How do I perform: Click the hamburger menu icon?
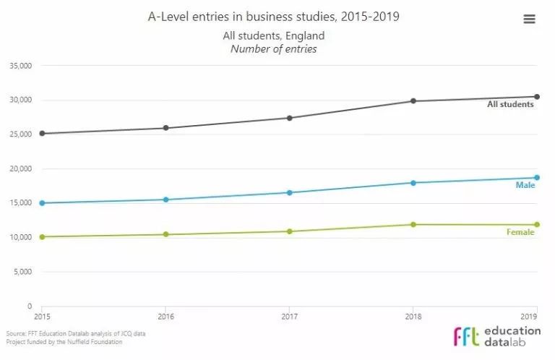(529, 20)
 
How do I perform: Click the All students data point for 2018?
(413, 101)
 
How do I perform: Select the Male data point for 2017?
(290, 193)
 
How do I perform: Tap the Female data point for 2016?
(166, 234)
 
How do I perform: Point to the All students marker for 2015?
(42, 134)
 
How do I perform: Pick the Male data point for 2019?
(537, 178)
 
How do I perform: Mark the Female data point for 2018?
(413, 225)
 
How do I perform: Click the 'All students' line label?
(510, 105)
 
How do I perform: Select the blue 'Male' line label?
(525, 186)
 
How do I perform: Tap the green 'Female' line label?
(520, 233)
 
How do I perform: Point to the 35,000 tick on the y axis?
(20, 66)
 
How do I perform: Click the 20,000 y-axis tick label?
(20, 169)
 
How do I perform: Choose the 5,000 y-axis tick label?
(22, 273)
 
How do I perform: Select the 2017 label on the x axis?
(290, 317)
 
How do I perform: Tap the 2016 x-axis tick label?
(166, 317)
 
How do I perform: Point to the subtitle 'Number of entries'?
(274, 49)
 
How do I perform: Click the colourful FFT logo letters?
(467, 337)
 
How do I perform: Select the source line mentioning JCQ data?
(54, 334)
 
